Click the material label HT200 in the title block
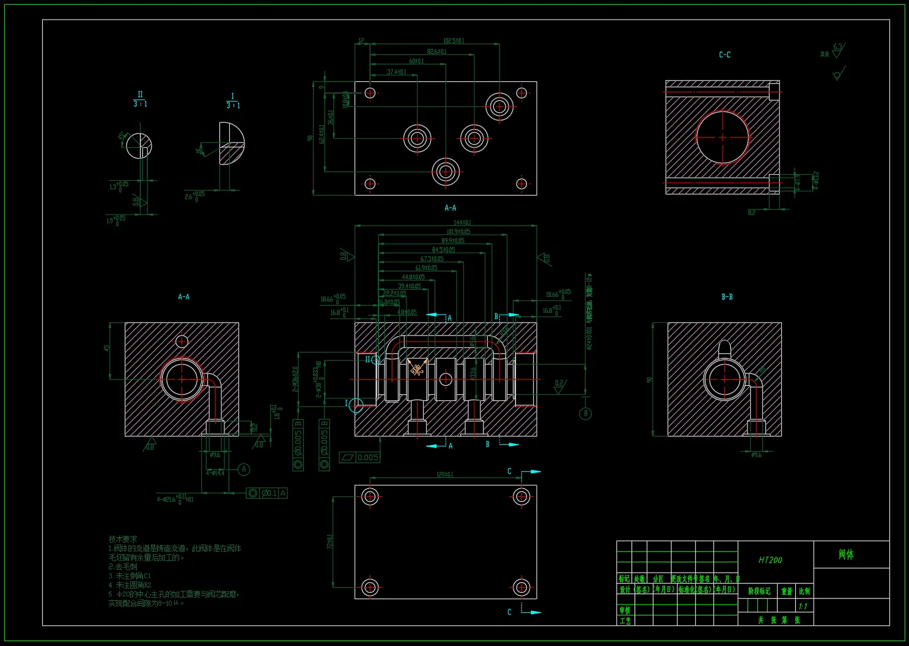point(770,560)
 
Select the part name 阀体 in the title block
point(846,554)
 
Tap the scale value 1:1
point(803,606)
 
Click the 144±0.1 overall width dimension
point(462,222)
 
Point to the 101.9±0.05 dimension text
point(458,232)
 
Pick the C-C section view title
point(725,55)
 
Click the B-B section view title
point(727,297)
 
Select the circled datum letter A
point(244,469)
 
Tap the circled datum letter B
point(586,413)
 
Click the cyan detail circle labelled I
point(356,405)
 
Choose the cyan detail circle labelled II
point(375,360)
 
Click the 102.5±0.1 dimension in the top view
point(454,41)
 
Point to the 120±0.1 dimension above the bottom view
point(444,475)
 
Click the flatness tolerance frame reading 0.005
point(360,457)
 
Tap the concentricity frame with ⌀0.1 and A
point(267,493)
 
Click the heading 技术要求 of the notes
point(123,539)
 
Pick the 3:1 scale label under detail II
point(140,105)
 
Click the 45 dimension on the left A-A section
point(107,348)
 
